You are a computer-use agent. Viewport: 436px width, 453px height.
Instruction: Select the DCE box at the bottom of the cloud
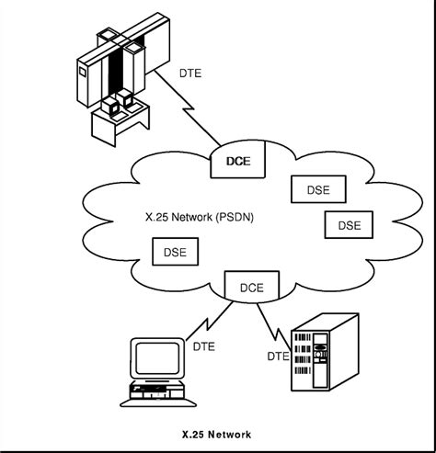(x=251, y=287)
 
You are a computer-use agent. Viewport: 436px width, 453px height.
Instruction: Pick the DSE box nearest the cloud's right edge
(x=349, y=225)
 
